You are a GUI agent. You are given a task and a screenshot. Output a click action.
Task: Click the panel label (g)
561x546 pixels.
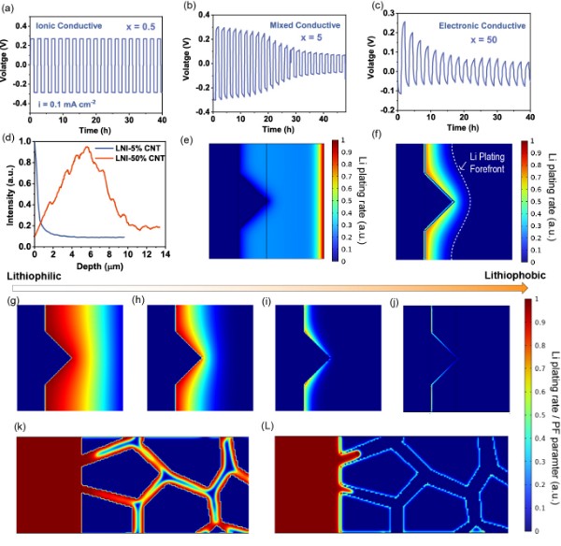coord(10,305)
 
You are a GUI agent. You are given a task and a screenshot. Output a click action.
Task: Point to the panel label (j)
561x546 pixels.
coord(395,305)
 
